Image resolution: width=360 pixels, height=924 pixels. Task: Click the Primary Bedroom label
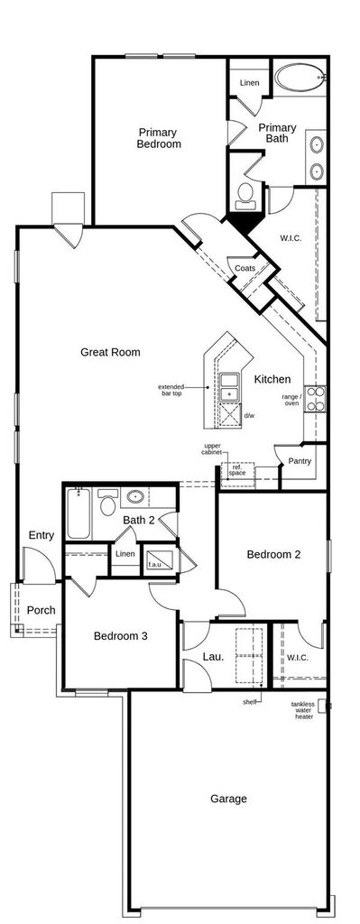click(159, 138)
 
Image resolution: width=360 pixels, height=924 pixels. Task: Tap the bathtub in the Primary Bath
click(300, 78)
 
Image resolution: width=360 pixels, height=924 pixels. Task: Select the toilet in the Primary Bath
click(245, 196)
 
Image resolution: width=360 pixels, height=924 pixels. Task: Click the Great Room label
click(111, 353)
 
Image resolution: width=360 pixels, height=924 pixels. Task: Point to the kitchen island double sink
click(230, 386)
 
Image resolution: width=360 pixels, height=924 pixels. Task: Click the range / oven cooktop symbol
click(315, 398)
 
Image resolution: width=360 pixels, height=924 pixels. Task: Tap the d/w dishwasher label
click(249, 416)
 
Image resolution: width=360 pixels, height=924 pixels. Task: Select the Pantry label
click(300, 461)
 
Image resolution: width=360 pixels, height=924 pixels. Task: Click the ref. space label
click(238, 469)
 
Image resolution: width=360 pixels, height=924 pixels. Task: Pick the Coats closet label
click(245, 269)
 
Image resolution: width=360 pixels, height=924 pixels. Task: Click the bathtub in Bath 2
click(78, 513)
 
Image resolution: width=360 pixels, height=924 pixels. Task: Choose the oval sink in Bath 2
click(136, 496)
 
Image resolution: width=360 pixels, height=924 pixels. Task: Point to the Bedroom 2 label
click(274, 555)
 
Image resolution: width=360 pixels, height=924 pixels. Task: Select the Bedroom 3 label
click(121, 636)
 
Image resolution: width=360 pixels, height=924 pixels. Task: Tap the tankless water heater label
click(304, 710)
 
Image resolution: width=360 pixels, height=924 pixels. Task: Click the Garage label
click(228, 799)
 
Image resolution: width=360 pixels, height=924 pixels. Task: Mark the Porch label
click(42, 610)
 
